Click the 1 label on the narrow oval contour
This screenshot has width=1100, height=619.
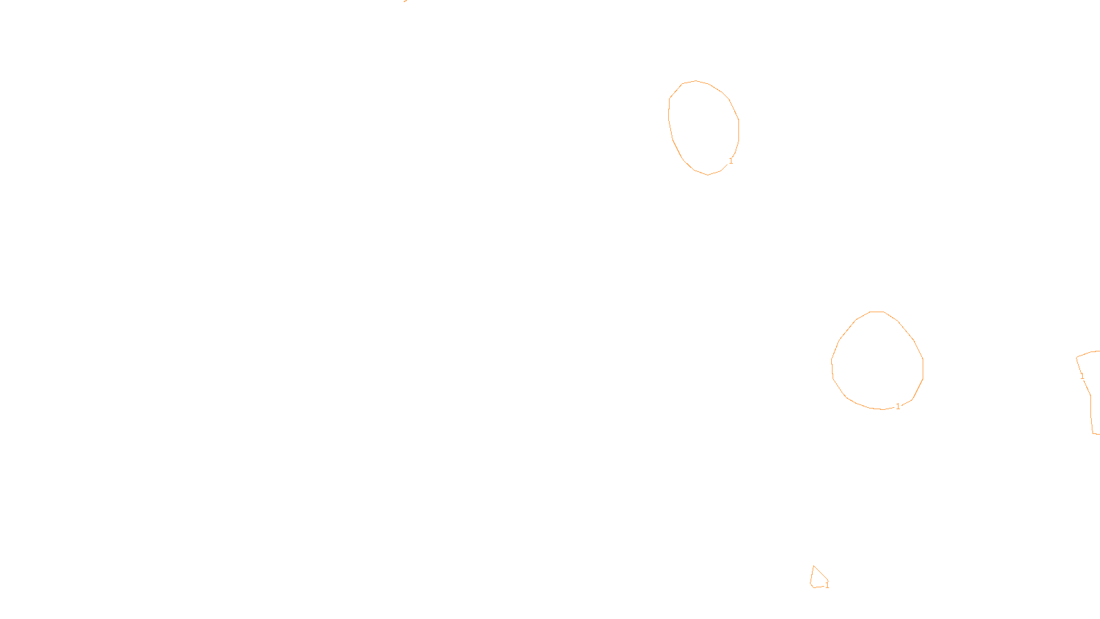tap(731, 161)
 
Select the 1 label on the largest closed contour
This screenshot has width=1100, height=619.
tap(898, 406)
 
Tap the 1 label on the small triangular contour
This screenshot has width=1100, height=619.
tap(827, 585)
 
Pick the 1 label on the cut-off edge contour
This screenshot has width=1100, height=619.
tap(1082, 376)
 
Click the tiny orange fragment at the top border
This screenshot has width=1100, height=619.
tap(405, 1)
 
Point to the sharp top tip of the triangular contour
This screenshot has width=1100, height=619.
tap(814, 566)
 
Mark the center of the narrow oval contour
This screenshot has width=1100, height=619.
tap(704, 127)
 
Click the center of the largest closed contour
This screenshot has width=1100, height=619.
tap(877, 361)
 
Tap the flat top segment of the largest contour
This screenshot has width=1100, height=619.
tap(877, 312)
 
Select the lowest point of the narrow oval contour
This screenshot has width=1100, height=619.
tap(708, 175)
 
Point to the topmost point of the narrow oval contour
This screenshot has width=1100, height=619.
tap(696, 80)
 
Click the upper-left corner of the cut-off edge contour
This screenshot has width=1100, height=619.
tap(1077, 358)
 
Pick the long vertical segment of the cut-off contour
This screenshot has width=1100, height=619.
tap(1092, 413)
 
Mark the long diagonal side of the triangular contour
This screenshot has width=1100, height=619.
tap(821, 573)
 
